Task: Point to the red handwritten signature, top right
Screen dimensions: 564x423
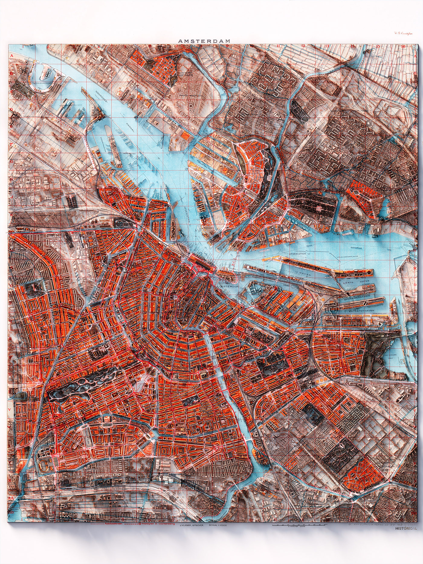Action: [403, 34]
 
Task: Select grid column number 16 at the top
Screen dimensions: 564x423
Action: [403, 47]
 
